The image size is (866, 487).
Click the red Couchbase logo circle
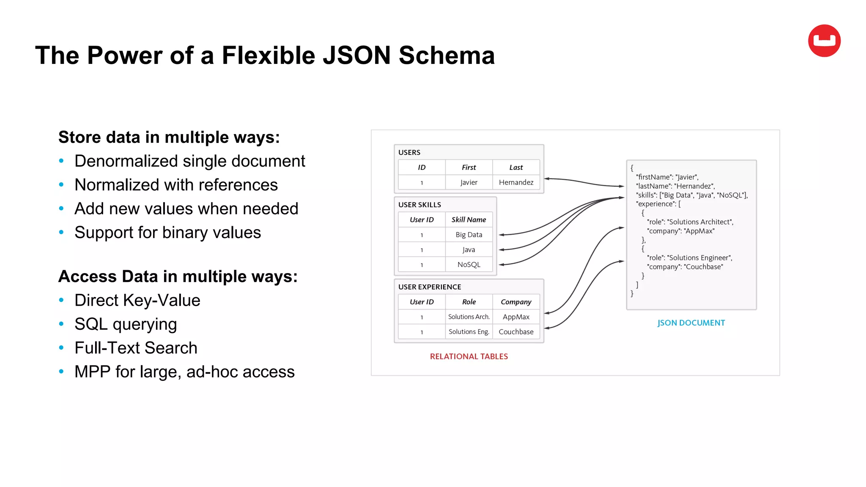824,41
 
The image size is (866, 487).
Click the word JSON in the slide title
356,55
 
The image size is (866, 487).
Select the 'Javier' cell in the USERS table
469,182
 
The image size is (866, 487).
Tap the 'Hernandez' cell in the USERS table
516,182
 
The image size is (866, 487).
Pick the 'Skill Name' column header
469,219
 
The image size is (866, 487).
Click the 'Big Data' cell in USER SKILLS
469,235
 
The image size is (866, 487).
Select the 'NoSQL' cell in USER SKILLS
469,265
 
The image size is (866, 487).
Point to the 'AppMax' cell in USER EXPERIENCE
516,317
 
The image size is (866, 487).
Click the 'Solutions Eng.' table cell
469,332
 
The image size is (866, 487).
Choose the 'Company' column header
516,302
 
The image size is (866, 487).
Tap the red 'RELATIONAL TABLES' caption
469,356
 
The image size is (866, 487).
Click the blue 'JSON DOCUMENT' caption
691,323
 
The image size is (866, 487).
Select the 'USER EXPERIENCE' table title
430,287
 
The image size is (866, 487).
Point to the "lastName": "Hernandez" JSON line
675,186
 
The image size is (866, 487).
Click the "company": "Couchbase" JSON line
685,267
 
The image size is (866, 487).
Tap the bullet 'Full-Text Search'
136,348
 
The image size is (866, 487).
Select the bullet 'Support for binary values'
167,233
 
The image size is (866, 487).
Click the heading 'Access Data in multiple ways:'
178,276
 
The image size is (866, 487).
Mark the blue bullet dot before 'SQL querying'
61,324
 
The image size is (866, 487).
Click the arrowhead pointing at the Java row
502,250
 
